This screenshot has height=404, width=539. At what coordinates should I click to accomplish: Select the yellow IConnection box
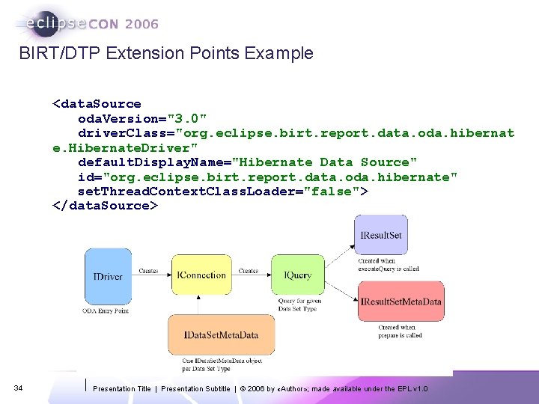(x=201, y=275)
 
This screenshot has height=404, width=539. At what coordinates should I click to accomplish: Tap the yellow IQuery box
(x=297, y=275)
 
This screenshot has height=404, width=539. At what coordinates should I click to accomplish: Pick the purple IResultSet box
(x=381, y=235)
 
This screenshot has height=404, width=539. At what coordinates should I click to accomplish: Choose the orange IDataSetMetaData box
(x=222, y=335)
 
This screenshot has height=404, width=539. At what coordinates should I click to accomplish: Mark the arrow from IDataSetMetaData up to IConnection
(x=199, y=304)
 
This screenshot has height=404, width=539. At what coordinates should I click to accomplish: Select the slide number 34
(x=19, y=388)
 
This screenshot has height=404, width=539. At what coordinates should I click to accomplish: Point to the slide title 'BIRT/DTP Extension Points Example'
(x=165, y=53)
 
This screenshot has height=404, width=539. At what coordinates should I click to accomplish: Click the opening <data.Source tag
(x=96, y=104)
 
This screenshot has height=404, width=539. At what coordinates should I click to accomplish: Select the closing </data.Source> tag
(x=105, y=206)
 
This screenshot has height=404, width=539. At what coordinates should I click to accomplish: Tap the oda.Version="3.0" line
(x=142, y=118)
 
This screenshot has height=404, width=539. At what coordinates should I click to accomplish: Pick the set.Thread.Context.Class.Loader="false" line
(x=222, y=191)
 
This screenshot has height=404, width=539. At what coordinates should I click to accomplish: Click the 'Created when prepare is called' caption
(x=400, y=331)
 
